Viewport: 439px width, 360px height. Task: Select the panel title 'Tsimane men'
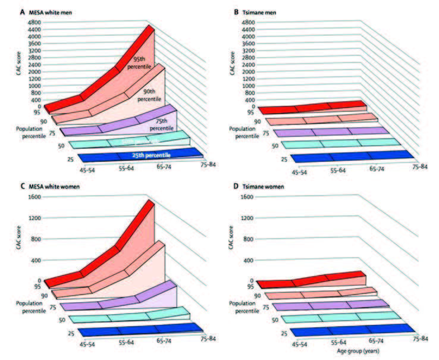click(268, 12)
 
